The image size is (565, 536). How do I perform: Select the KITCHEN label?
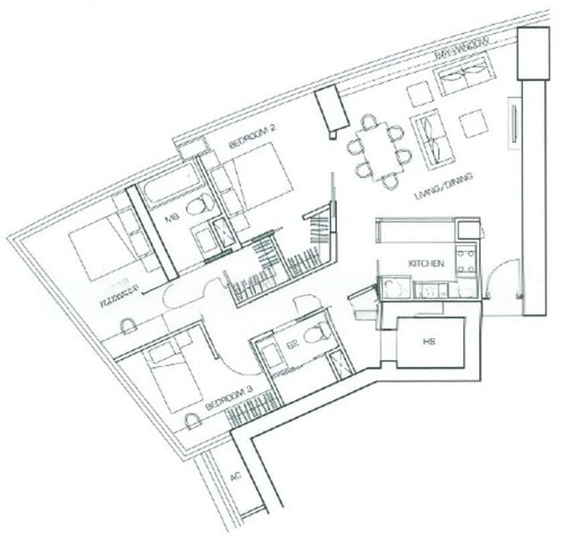(426, 264)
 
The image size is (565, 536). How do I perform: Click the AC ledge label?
(236, 478)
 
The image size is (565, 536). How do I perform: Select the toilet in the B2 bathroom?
(315, 335)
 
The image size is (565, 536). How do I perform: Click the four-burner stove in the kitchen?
(466, 261)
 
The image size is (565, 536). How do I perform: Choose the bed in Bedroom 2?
(254, 179)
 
